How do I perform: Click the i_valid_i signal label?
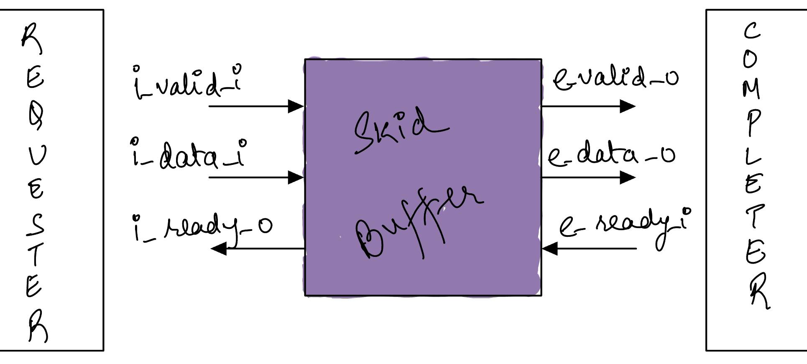coord(187,82)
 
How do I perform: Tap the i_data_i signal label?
coord(188,154)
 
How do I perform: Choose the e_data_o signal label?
coord(611,154)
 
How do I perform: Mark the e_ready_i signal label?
coord(625,227)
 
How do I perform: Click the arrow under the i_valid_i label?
coord(256,106)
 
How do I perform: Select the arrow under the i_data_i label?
coord(256,177)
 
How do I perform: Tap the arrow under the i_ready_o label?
coord(258,249)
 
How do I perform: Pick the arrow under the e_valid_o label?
coord(588,106)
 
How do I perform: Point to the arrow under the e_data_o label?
coord(588,177)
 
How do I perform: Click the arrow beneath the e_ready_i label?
coord(589,249)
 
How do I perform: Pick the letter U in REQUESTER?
coord(37,155)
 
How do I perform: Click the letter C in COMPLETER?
coord(751,31)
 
